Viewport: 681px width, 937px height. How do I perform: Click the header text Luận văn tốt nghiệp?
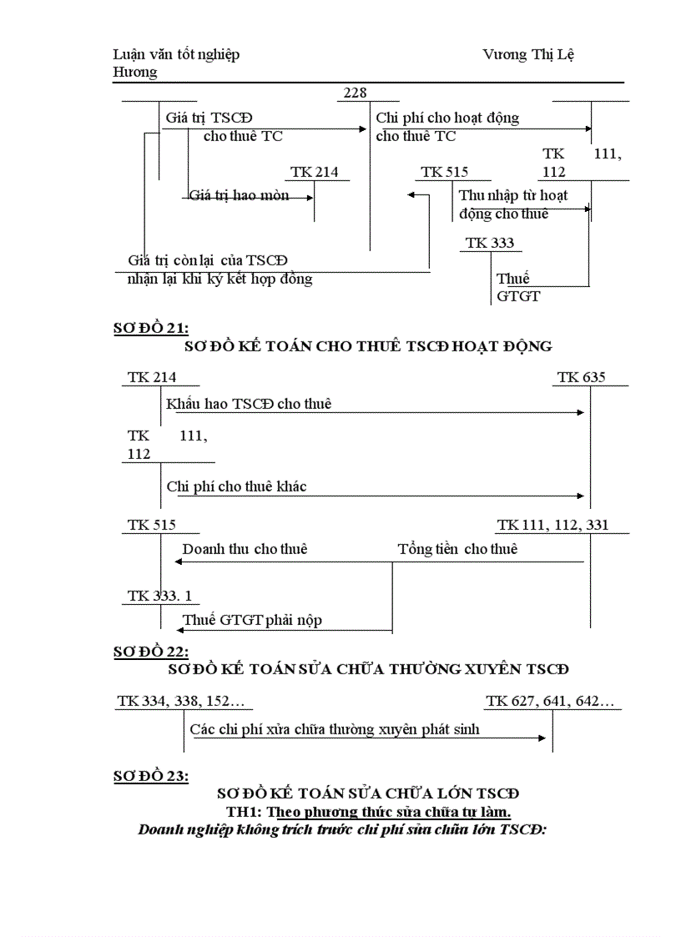pyautogui.click(x=176, y=54)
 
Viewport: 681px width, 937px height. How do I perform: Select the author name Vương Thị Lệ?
pyautogui.click(x=528, y=54)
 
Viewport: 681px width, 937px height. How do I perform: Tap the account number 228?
pyautogui.click(x=355, y=93)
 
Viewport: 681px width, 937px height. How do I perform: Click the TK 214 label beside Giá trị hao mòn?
pyautogui.click(x=314, y=172)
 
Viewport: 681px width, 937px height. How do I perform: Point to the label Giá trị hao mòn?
pyautogui.click(x=240, y=195)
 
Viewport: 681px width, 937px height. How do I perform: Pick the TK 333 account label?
pyautogui.click(x=490, y=243)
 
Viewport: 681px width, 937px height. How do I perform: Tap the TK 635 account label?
pyautogui.click(x=582, y=377)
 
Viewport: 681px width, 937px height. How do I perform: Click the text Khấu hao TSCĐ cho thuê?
pyautogui.click(x=249, y=404)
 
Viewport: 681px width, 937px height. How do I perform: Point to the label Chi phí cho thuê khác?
pyautogui.click(x=236, y=486)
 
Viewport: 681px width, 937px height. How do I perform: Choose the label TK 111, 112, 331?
pyautogui.click(x=552, y=525)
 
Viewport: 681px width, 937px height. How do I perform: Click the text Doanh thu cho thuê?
pyautogui.click(x=245, y=549)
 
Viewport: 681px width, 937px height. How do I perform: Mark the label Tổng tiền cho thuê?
pyautogui.click(x=457, y=549)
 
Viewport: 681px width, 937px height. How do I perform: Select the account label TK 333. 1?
pyautogui.click(x=159, y=596)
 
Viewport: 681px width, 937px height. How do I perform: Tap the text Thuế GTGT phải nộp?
pyautogui.click(x=252, y=620)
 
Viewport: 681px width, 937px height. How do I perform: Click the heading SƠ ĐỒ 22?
pyautogui.click(x=151, y=652)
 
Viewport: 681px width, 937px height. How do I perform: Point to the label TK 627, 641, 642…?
pyautogui.click(x=551, y=702)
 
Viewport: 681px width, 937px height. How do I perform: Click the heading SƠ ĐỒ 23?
pyautogui.click(x=151, y=776)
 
